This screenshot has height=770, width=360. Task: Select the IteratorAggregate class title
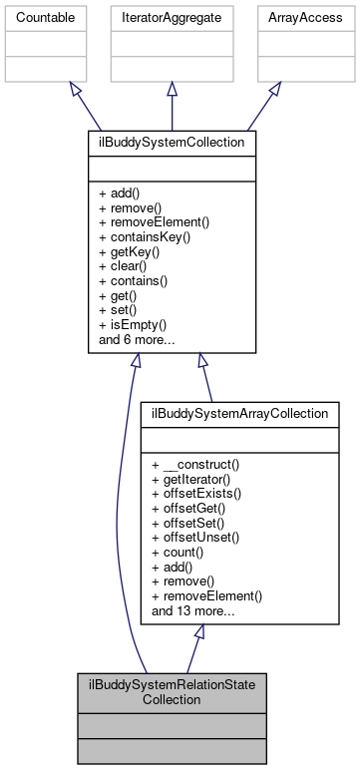(171, 18)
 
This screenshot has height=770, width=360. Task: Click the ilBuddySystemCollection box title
(171, 144)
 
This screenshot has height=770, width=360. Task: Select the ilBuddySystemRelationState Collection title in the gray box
(171, 691)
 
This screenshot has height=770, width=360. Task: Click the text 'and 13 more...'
(193, 611)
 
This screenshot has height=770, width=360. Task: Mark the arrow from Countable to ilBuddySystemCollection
(104, 108)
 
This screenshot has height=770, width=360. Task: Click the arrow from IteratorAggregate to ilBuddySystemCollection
(171, 108)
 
